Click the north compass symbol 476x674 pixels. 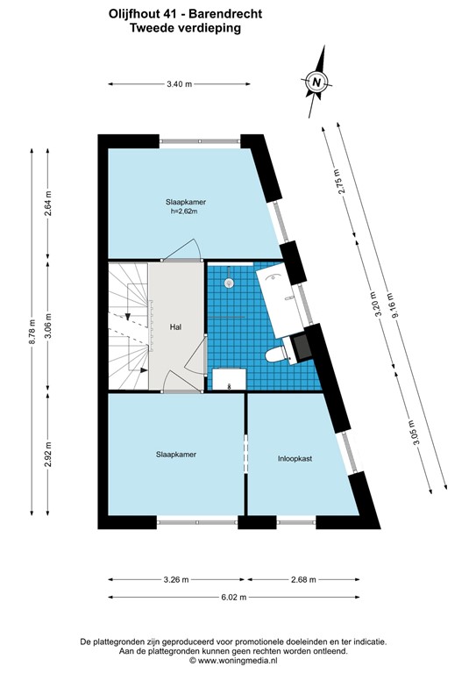tap(317, 82)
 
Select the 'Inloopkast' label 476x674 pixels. tap(296, 457)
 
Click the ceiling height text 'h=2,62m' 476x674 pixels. tap(183, 212)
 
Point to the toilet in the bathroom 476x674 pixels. tap(278, 353)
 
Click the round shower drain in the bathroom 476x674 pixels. tap(229, 283)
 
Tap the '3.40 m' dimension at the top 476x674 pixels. tap(179, 84)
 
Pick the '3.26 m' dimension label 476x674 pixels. tap(176, 580)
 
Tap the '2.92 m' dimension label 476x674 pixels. tap(49, 455)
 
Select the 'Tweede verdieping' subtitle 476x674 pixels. tap(184, 28)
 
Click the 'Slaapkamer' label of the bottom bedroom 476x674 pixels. tap(176, 455)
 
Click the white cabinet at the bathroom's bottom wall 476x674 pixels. tap(230, 379)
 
